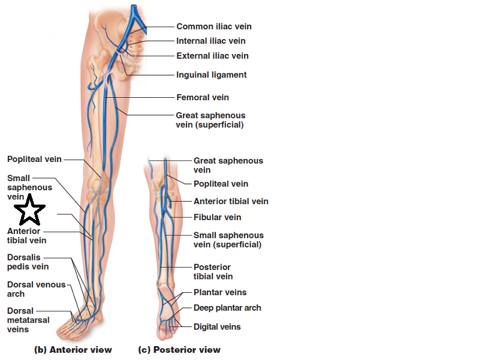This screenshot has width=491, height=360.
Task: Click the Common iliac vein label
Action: tap(213, 26)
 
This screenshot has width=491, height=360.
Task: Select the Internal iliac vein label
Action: tap(210, 41)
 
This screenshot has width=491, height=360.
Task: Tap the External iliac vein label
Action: tap(212, 56)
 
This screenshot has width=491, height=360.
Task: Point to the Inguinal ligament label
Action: tap(211, 75)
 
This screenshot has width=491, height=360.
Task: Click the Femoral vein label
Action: tap(202, 97)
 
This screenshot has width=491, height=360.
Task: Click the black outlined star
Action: tap(29, 211)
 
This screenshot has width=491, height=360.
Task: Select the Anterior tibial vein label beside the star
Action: tap(24, 236)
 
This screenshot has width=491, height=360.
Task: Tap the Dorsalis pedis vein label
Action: tap(28, 262)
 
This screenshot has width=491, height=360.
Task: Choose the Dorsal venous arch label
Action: tap(36, 289)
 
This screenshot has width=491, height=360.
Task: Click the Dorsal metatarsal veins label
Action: tap(28, 320)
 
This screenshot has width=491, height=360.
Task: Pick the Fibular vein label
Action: tap(217, 217)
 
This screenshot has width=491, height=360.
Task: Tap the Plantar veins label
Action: tap(220, 293)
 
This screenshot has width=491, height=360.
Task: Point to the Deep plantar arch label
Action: tap(227, 308)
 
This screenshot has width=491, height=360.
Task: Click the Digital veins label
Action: tap(217, 327)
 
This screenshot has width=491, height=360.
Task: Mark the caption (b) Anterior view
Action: tap(73, 350)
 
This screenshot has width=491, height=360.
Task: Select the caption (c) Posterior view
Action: tap(179, 350)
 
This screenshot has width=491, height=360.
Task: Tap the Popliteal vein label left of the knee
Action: tap(34, 159)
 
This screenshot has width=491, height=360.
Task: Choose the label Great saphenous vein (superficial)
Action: tap(210, 120)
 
